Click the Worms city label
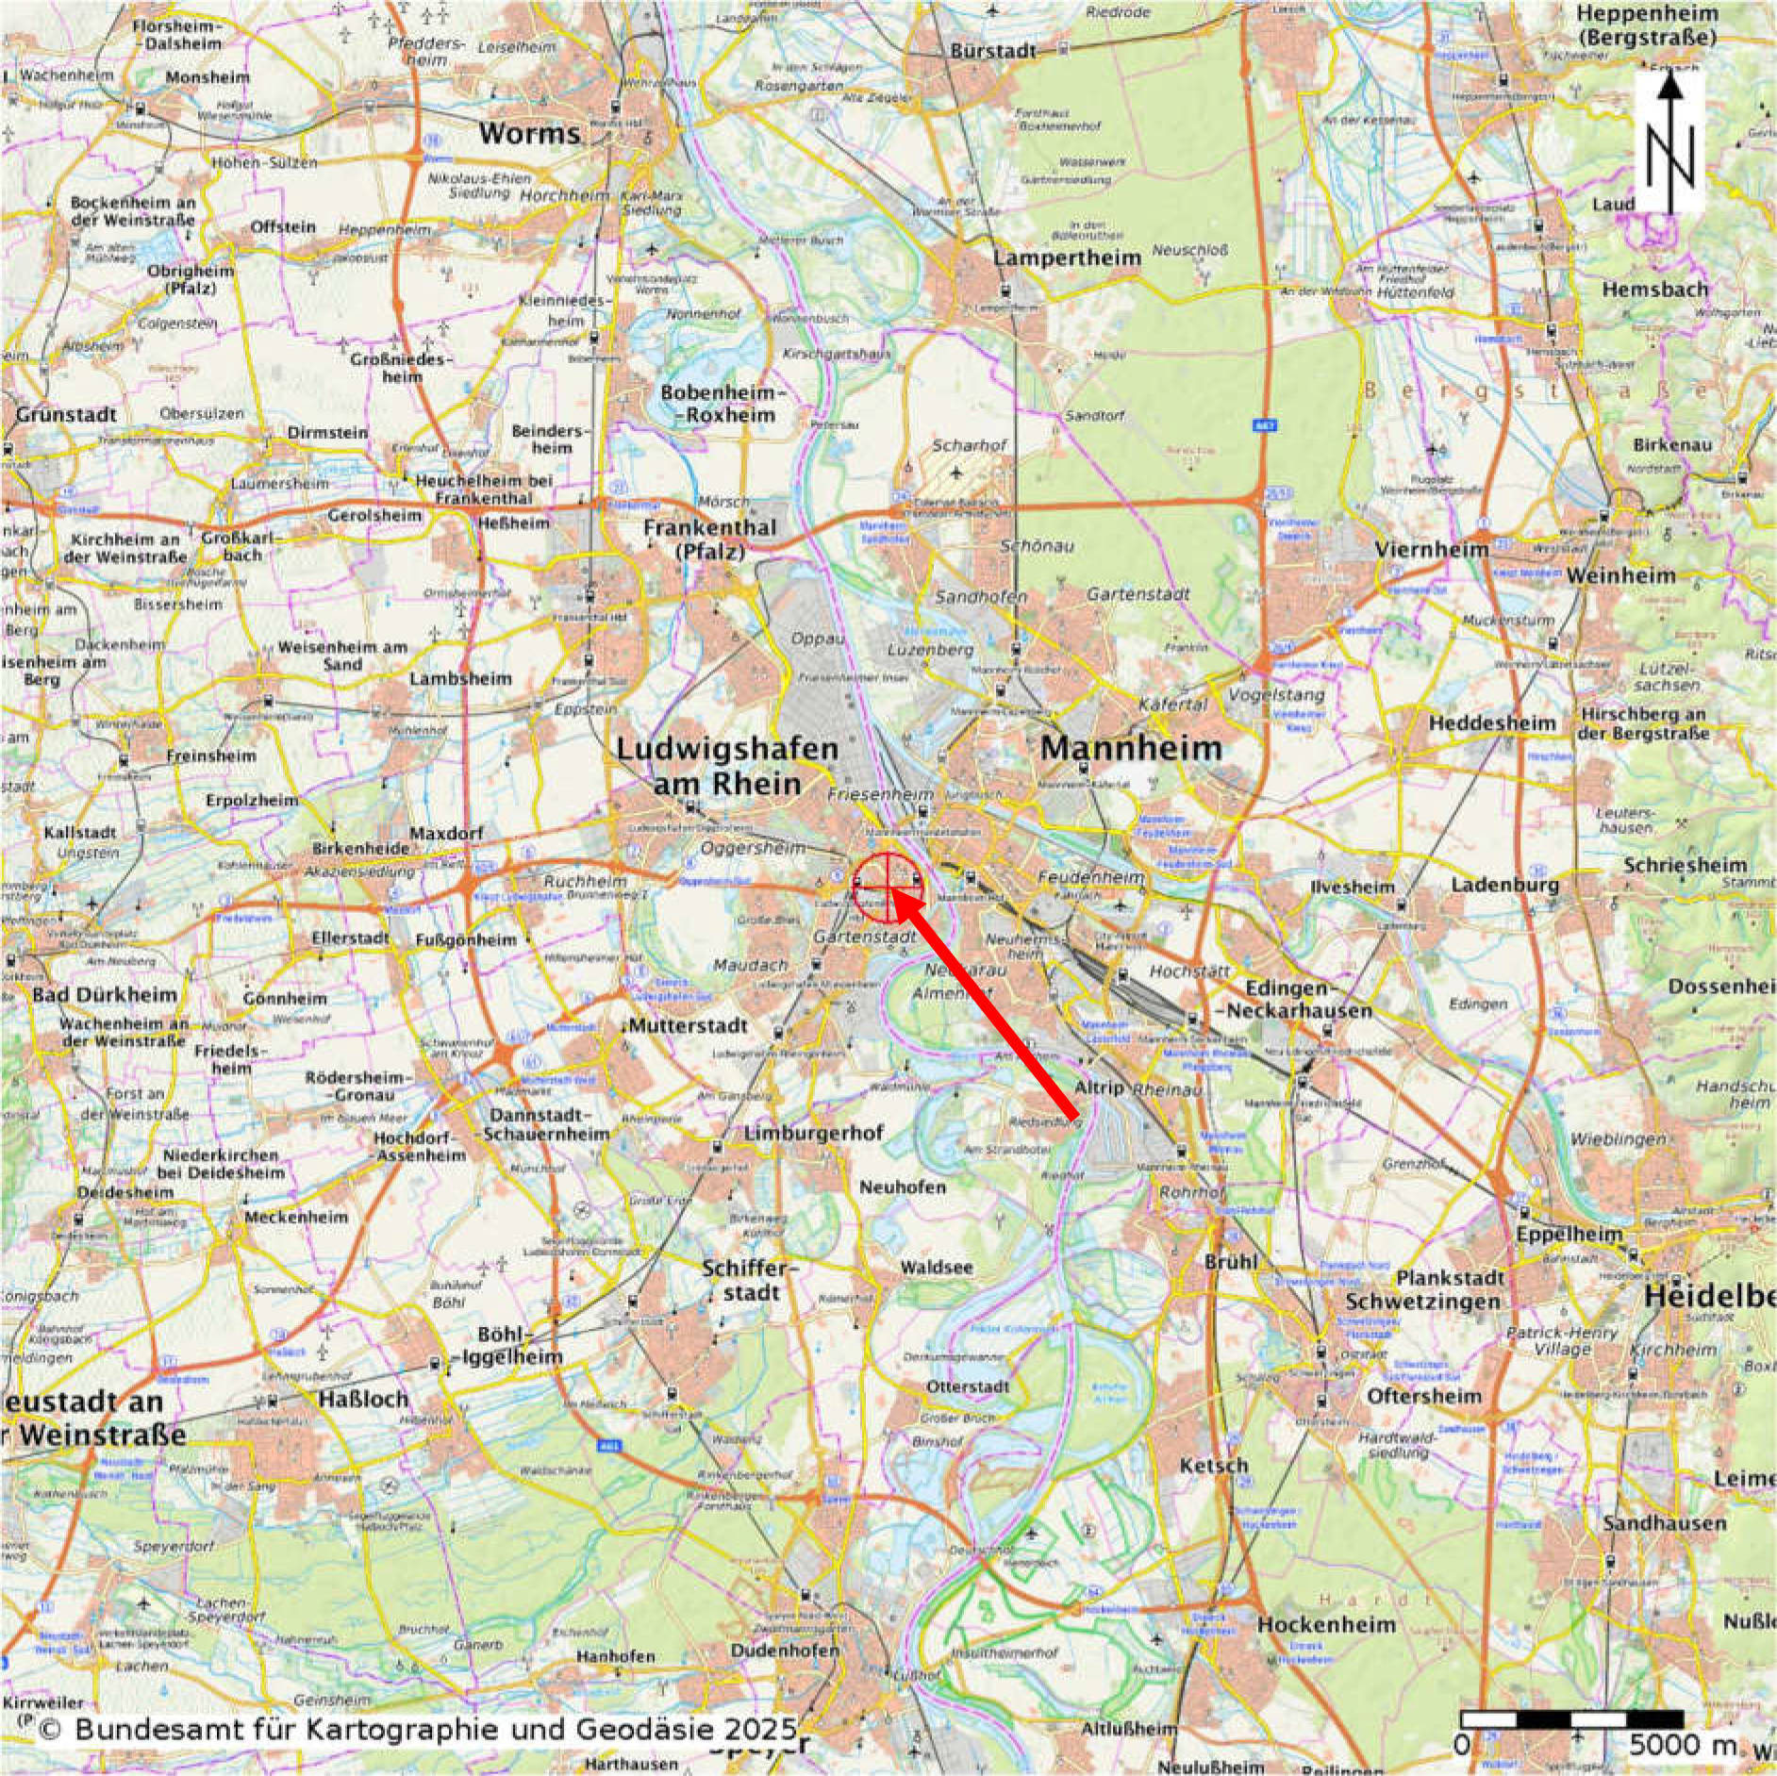528,133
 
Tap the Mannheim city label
1131,749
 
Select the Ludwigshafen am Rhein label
727,766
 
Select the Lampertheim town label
1068,257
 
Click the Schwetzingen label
1422,1302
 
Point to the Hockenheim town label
1325,1624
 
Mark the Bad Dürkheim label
105,994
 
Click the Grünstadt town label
66,415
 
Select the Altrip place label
1100,1087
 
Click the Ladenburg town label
1504,885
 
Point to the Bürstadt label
994,51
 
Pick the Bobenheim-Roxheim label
718,404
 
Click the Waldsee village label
937,1268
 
